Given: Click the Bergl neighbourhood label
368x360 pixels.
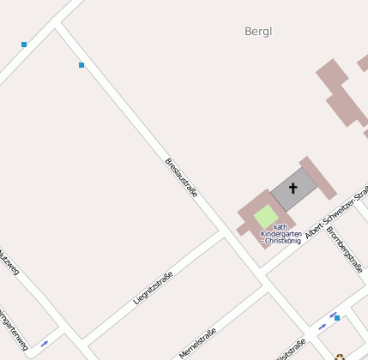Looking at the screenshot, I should (x=257, y=32).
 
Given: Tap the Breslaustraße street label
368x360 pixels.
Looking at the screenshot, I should (x=181, y=177).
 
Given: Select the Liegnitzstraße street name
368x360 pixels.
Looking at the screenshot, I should (x=154, y=288).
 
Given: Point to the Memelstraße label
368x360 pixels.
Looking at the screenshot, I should (x=198, y=344).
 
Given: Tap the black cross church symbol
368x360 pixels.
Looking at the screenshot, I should (x=293, y=188).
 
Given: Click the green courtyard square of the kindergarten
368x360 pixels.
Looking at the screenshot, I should (x=266, y=216).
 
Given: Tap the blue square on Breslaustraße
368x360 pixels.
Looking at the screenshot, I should (x=81, y=65).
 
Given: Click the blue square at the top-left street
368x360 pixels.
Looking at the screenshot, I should (x=24, y=45).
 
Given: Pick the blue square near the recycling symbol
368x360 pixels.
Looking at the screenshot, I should (x=337, y=318).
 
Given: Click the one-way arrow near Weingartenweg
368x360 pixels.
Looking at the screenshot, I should (x=44, y=344).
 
